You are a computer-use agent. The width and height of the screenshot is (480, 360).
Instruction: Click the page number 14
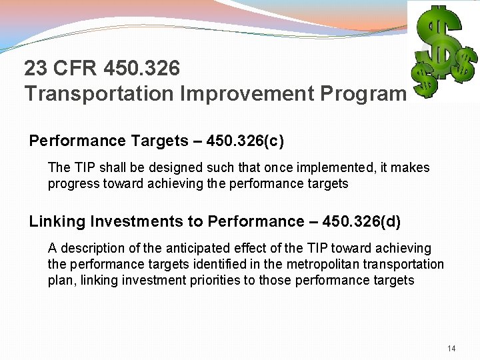coord(451,349)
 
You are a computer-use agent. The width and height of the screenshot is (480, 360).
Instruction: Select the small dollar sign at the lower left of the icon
coord(421,79)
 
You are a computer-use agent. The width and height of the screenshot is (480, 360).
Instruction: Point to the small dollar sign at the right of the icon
coord(462,66)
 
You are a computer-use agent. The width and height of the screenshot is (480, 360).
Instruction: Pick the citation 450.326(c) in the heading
coord(247,141)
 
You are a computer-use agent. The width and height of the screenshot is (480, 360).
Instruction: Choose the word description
coord(92,248)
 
